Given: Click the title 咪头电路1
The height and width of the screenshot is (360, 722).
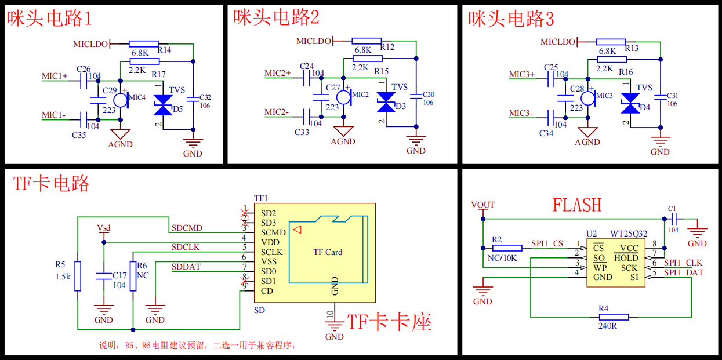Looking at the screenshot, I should [x=49, y=19].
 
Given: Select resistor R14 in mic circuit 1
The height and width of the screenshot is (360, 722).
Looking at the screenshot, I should [x=144, y=43].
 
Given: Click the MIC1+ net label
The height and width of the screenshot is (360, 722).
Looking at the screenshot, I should [x=55, y=76].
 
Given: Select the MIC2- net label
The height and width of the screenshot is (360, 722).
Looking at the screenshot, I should [x=277, y=112].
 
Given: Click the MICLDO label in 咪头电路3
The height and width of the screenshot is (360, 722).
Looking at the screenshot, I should [x=558, y=42].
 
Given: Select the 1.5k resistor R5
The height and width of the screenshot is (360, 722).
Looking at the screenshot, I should [x=78, y=275].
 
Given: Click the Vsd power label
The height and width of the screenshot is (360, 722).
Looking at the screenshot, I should [x=104, y=227].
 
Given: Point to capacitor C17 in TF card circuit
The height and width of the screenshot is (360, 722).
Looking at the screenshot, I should [x=104, y=276].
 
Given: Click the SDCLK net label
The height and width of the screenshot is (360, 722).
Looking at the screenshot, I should [x=185, y=247].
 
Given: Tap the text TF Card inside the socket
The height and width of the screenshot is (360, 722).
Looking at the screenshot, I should [x=328, y=252].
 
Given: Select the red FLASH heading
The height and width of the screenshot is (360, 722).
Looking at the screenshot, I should [x=576, y=205].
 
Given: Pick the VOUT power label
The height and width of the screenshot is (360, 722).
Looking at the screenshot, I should [x=482, y=205].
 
